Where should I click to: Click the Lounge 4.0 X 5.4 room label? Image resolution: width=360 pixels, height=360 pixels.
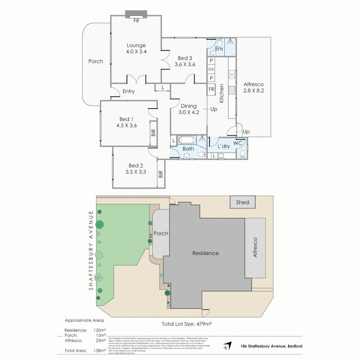pyautogui.click(x=136, y=49)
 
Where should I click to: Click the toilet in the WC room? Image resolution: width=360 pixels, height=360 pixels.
pyautogui.click(x=243, y=154)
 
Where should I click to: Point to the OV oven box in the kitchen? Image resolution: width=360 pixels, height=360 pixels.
pyautogui.click(x=211, y=69)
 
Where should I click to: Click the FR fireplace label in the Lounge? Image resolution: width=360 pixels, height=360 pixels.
pyautogui.click(x=136, y=21)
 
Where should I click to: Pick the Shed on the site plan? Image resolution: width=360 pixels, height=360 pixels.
pyautogui.click(x=242, y=202)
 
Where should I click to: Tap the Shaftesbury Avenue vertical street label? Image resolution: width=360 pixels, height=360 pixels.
pyautogui.click(x=91, y=250)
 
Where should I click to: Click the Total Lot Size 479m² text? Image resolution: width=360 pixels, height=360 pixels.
pyautogui.click(x=187, y=323)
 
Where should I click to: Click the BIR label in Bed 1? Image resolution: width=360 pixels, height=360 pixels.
pyautogui.click(x=153, y=133)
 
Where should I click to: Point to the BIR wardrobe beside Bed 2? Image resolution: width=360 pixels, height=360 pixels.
pyautogui.click(x=161, y=174)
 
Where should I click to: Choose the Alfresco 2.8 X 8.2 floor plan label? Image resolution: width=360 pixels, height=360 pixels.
pyautogui.click(x=253, y=87)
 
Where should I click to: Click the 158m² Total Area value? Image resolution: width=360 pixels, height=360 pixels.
pyautogui.click(x=100, y=350)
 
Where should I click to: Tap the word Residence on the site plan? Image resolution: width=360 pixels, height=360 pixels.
pyautogui.click(x=205, y=253)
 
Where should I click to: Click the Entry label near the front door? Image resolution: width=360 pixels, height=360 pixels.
pyautogui.click(x=128, y=91)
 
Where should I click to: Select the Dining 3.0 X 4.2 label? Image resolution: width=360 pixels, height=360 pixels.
pyautogui.click(x=188, y=109)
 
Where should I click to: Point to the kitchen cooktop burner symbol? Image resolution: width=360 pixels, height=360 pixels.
pyautogui.click(x=232, y=90)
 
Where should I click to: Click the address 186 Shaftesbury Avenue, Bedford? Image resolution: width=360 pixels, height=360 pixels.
pyautogui.click(x=271, y=346)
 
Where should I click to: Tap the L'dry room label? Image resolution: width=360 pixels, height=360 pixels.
pyautogui.click(x=224, y=146)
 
